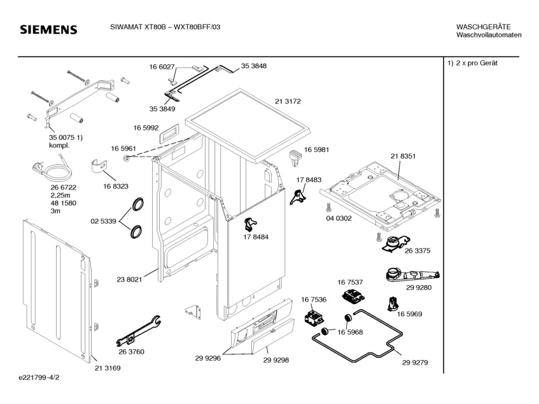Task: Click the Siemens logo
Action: tap(48, 29)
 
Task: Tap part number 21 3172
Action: tap(288, 101)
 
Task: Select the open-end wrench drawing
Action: tap(138, 330)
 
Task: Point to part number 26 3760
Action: tap(131, 352)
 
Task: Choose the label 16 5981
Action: tap(317, 150)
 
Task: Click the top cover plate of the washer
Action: tap(248, 127)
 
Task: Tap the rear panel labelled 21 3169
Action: tap(59, 291)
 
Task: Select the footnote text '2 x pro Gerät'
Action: tap(477, 63)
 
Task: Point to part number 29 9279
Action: tap(415, 363)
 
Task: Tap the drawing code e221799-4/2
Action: tap(39, 377)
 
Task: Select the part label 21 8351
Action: tap(403, 156)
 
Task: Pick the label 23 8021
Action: tap(129, 280)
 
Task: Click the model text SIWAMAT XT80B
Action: tap(138, 27)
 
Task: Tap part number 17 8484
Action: tap(256, 237)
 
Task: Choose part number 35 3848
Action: tap(254, 66)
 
